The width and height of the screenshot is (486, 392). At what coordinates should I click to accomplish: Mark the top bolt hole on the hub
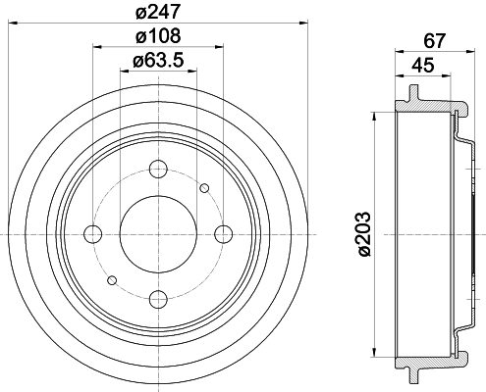[158, 168]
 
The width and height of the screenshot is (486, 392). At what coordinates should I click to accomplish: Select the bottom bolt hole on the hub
[158, 299]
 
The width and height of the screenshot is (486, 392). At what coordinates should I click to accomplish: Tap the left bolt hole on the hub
[93, 233]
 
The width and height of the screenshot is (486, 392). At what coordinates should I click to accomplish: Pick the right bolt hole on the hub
[224, 233]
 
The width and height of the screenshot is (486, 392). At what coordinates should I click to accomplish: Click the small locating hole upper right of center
[204, 188]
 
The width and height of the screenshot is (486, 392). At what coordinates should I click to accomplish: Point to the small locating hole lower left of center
[113, 279]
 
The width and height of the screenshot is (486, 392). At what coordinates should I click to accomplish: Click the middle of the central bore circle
[158, 233]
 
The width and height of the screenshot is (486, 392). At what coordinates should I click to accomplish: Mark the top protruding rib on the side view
[410, 95]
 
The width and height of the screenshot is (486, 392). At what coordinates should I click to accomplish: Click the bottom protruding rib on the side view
[410, 372]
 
